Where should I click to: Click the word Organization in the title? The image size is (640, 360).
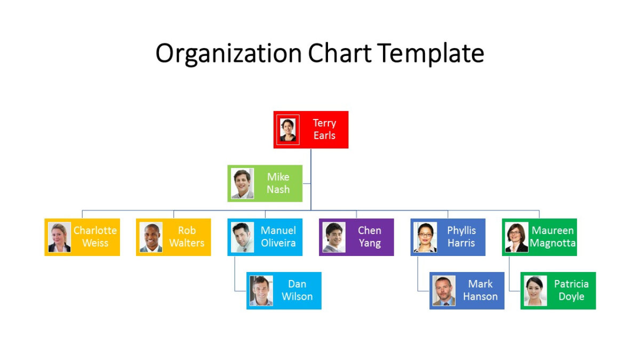click(229, 54)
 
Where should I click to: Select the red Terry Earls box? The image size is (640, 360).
click(311, 130)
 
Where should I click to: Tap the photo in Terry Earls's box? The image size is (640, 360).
click(288, 130)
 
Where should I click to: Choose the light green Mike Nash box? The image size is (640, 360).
click(265, 183)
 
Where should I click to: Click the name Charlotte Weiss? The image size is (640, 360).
click(95, 237)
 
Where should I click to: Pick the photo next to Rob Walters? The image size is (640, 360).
click(151, 237)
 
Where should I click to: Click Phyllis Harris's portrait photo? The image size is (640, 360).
click(425, 237)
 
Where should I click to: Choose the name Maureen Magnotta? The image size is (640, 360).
click(553, 237)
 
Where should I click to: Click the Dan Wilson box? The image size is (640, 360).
click(284, 291)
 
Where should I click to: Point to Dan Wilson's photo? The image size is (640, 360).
click(261, 291)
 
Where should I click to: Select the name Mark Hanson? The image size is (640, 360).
click(480, 290)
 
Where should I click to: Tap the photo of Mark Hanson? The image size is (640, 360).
click(444, 291)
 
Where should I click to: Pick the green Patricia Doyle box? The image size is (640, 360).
click(558, 291)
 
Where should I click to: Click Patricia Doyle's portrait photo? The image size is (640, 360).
click(535, 291)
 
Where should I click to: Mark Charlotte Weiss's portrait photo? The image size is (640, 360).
click(59, 237)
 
